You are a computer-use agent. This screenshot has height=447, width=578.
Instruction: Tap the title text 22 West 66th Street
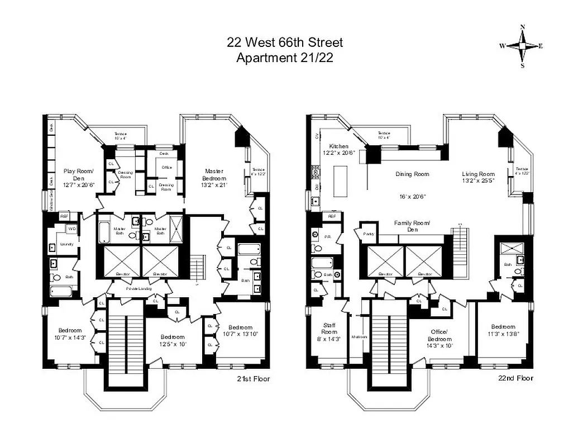[285, 42]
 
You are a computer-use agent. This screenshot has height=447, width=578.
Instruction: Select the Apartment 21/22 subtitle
[285, 58]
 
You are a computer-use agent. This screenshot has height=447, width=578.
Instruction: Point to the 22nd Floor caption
[515, 378]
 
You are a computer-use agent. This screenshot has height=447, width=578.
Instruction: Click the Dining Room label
[412, 174]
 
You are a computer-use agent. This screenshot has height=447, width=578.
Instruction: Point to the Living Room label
[478, 174]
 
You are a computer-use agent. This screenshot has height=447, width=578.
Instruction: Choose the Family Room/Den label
[412, 226]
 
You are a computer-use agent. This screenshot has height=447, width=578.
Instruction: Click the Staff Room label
[329, 329]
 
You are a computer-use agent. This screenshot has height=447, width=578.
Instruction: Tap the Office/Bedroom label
[440, 335]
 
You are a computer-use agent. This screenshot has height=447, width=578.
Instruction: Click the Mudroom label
[360, 337]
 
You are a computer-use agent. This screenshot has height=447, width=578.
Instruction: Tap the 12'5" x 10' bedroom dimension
[173, 344]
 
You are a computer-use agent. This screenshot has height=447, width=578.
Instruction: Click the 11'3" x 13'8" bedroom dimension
[503, 334]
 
